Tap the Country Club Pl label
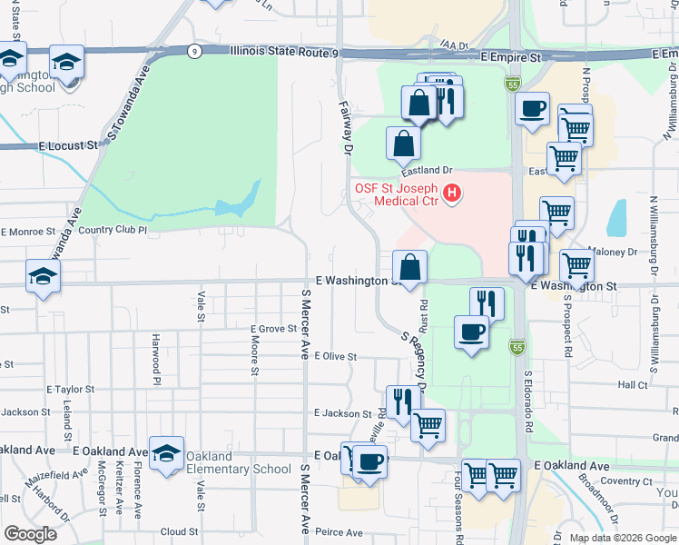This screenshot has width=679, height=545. tap(112, 230)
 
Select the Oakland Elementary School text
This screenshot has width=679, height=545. tap(239, 462)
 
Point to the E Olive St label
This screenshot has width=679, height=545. tap(335, 357)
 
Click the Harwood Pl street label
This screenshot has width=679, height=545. tap(156, 358)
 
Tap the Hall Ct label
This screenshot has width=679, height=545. tap(632, 385)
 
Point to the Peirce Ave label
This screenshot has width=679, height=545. tap(339, 532)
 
